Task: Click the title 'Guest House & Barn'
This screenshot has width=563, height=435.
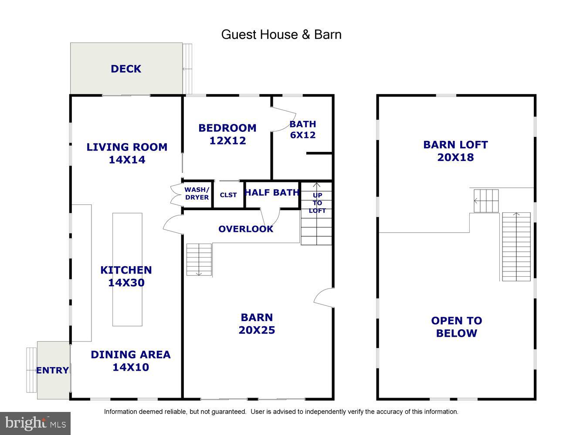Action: (281, 34)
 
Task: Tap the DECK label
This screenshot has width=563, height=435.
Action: (126, 69)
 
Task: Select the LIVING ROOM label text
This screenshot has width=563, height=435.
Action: (127, 147)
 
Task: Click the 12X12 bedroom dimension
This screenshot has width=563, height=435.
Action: (227, 141)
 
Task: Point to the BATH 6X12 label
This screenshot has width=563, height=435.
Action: (303, 129)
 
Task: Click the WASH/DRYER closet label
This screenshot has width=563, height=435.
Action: (197, 194)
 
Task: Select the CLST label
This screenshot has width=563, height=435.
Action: (228, 195)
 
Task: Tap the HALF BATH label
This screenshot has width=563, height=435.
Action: (272, 192)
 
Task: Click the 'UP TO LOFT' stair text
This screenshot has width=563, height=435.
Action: (317, 203)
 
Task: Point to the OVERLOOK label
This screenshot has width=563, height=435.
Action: (246, 229)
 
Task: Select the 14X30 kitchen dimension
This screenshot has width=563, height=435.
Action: (126, 283)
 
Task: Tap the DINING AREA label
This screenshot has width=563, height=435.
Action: (131, 355)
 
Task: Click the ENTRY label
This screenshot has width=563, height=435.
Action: (52, 370)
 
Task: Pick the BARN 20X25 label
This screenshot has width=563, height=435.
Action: (257, 324)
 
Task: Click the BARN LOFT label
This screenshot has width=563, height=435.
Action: (455, 145)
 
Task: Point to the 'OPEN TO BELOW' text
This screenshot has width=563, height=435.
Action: (457, 327)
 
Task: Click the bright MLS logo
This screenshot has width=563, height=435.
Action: (35, 423)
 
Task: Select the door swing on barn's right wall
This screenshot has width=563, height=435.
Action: (323, 297)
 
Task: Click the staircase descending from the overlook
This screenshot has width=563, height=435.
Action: (199, 259)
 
